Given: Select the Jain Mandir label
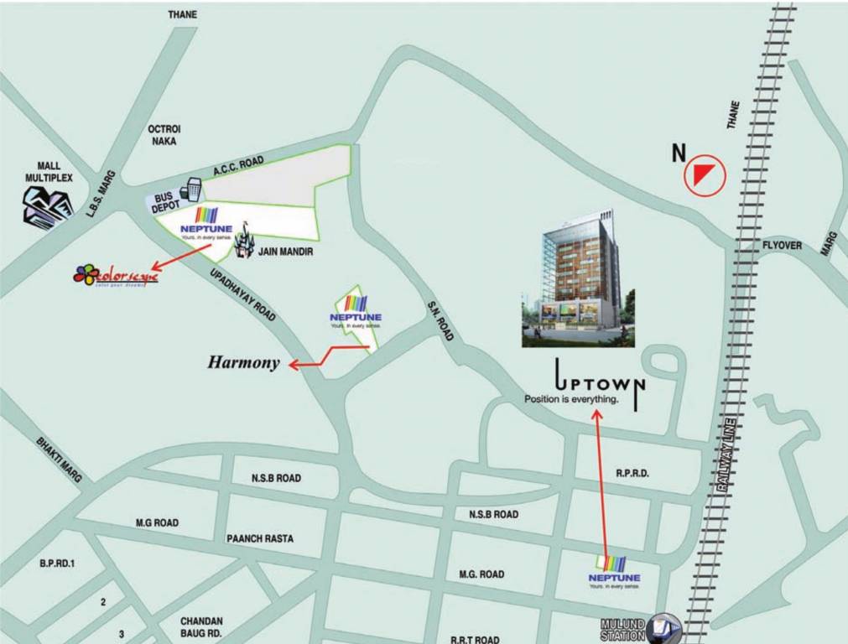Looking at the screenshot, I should pos(286,251).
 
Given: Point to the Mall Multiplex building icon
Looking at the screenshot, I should pos(47,205).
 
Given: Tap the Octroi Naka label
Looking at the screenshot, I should pos(164,135).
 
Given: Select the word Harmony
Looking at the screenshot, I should pos(243,363).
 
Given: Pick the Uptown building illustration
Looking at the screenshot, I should pos(578,278).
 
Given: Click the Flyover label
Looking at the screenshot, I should pos(782,246).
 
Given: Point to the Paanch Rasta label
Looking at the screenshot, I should pos(260,538).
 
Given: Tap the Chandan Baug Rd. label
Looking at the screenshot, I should pos(201,627).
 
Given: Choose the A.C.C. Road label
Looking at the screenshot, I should pos(238,167).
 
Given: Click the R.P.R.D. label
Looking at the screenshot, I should pos(632,474).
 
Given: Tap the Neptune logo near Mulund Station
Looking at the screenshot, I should pos(614,571).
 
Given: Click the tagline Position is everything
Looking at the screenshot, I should pos(570,399).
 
